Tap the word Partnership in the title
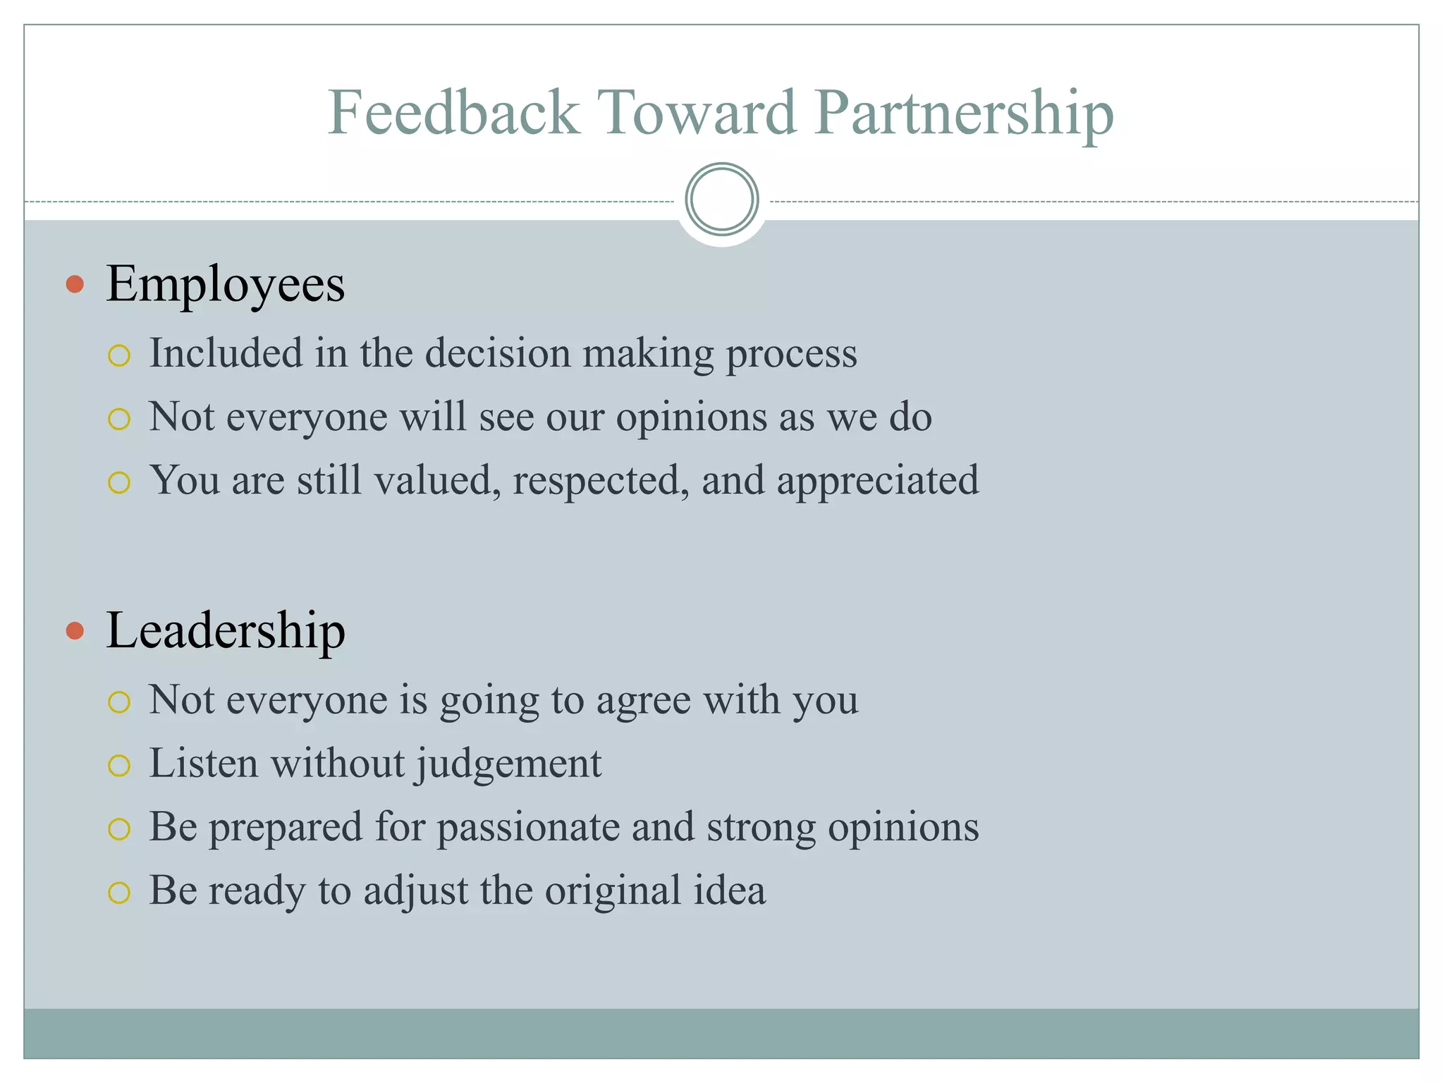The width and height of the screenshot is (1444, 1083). [964, 114]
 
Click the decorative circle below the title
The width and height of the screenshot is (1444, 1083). [721, 200]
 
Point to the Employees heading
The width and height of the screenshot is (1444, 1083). [225, 284]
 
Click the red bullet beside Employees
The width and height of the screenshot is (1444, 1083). [75, 284]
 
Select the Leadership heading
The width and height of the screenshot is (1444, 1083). [225, 630]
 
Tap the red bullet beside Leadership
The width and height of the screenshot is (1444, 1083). [75, 630]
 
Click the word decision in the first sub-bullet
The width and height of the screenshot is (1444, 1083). [498, 353]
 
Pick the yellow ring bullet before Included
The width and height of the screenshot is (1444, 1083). [119, 356]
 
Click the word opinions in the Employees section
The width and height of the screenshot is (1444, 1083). [691, 417]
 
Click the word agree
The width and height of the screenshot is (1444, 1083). [643, 701]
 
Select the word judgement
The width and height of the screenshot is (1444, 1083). [508, 764]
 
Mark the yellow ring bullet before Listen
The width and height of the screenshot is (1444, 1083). [119, 766]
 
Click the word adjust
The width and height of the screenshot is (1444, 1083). [415, 891]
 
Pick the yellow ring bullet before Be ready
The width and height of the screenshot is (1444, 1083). [119, 893]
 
